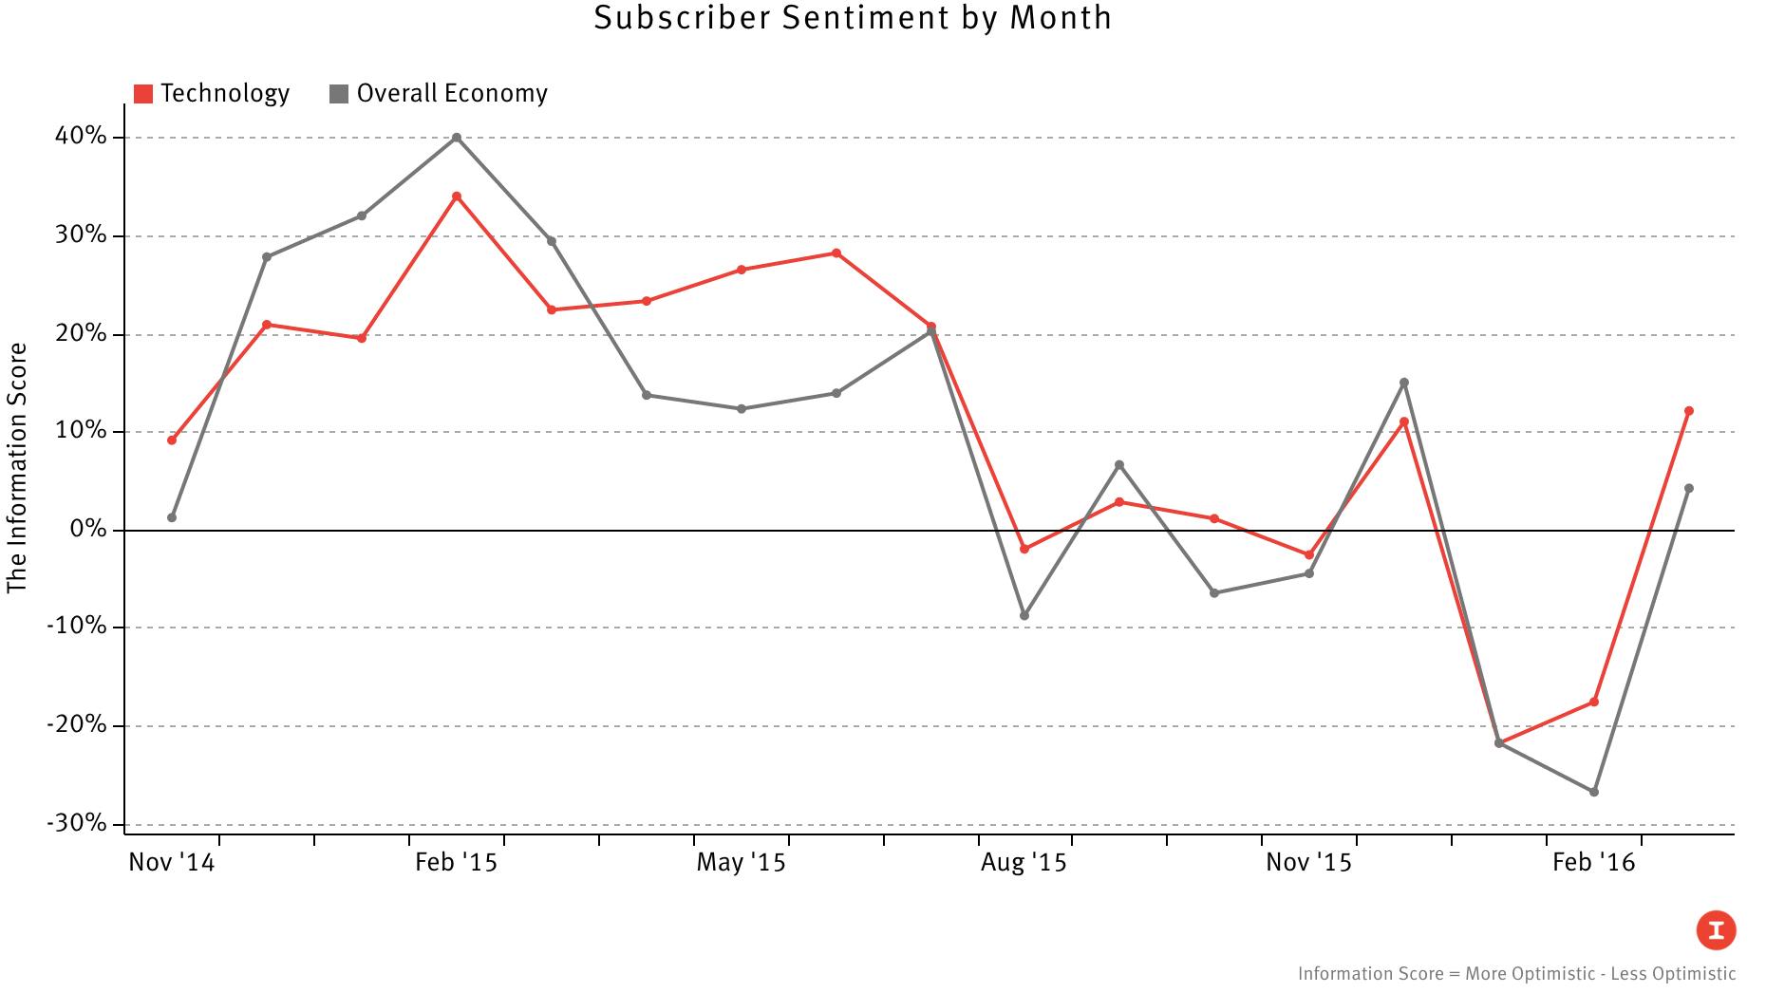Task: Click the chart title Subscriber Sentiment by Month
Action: [x=852, y=18]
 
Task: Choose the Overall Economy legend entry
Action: [x=439, y=93]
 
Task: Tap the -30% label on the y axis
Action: [x=76, y=823]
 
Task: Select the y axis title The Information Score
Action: [x=17, y=468]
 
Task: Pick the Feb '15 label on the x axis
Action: [x=456, y=863]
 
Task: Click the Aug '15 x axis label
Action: [x=1024, y=863]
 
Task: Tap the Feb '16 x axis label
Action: [x=1593, y=863]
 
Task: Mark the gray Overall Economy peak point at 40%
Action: [x=457, y=138]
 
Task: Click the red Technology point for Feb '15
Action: [x=457, y=197]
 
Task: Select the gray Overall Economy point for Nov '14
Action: [x=172, y=517]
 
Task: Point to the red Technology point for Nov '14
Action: [x=172, y=440]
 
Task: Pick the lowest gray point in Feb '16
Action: [x=1594, y=792]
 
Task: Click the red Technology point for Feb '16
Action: [x=1594, y=702]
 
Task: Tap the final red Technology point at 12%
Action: [x=1689, y=411]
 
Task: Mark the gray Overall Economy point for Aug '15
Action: [x=1024, y=616]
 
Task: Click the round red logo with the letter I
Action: [x=1717, y=930]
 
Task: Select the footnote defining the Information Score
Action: [x=1516, y=974]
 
